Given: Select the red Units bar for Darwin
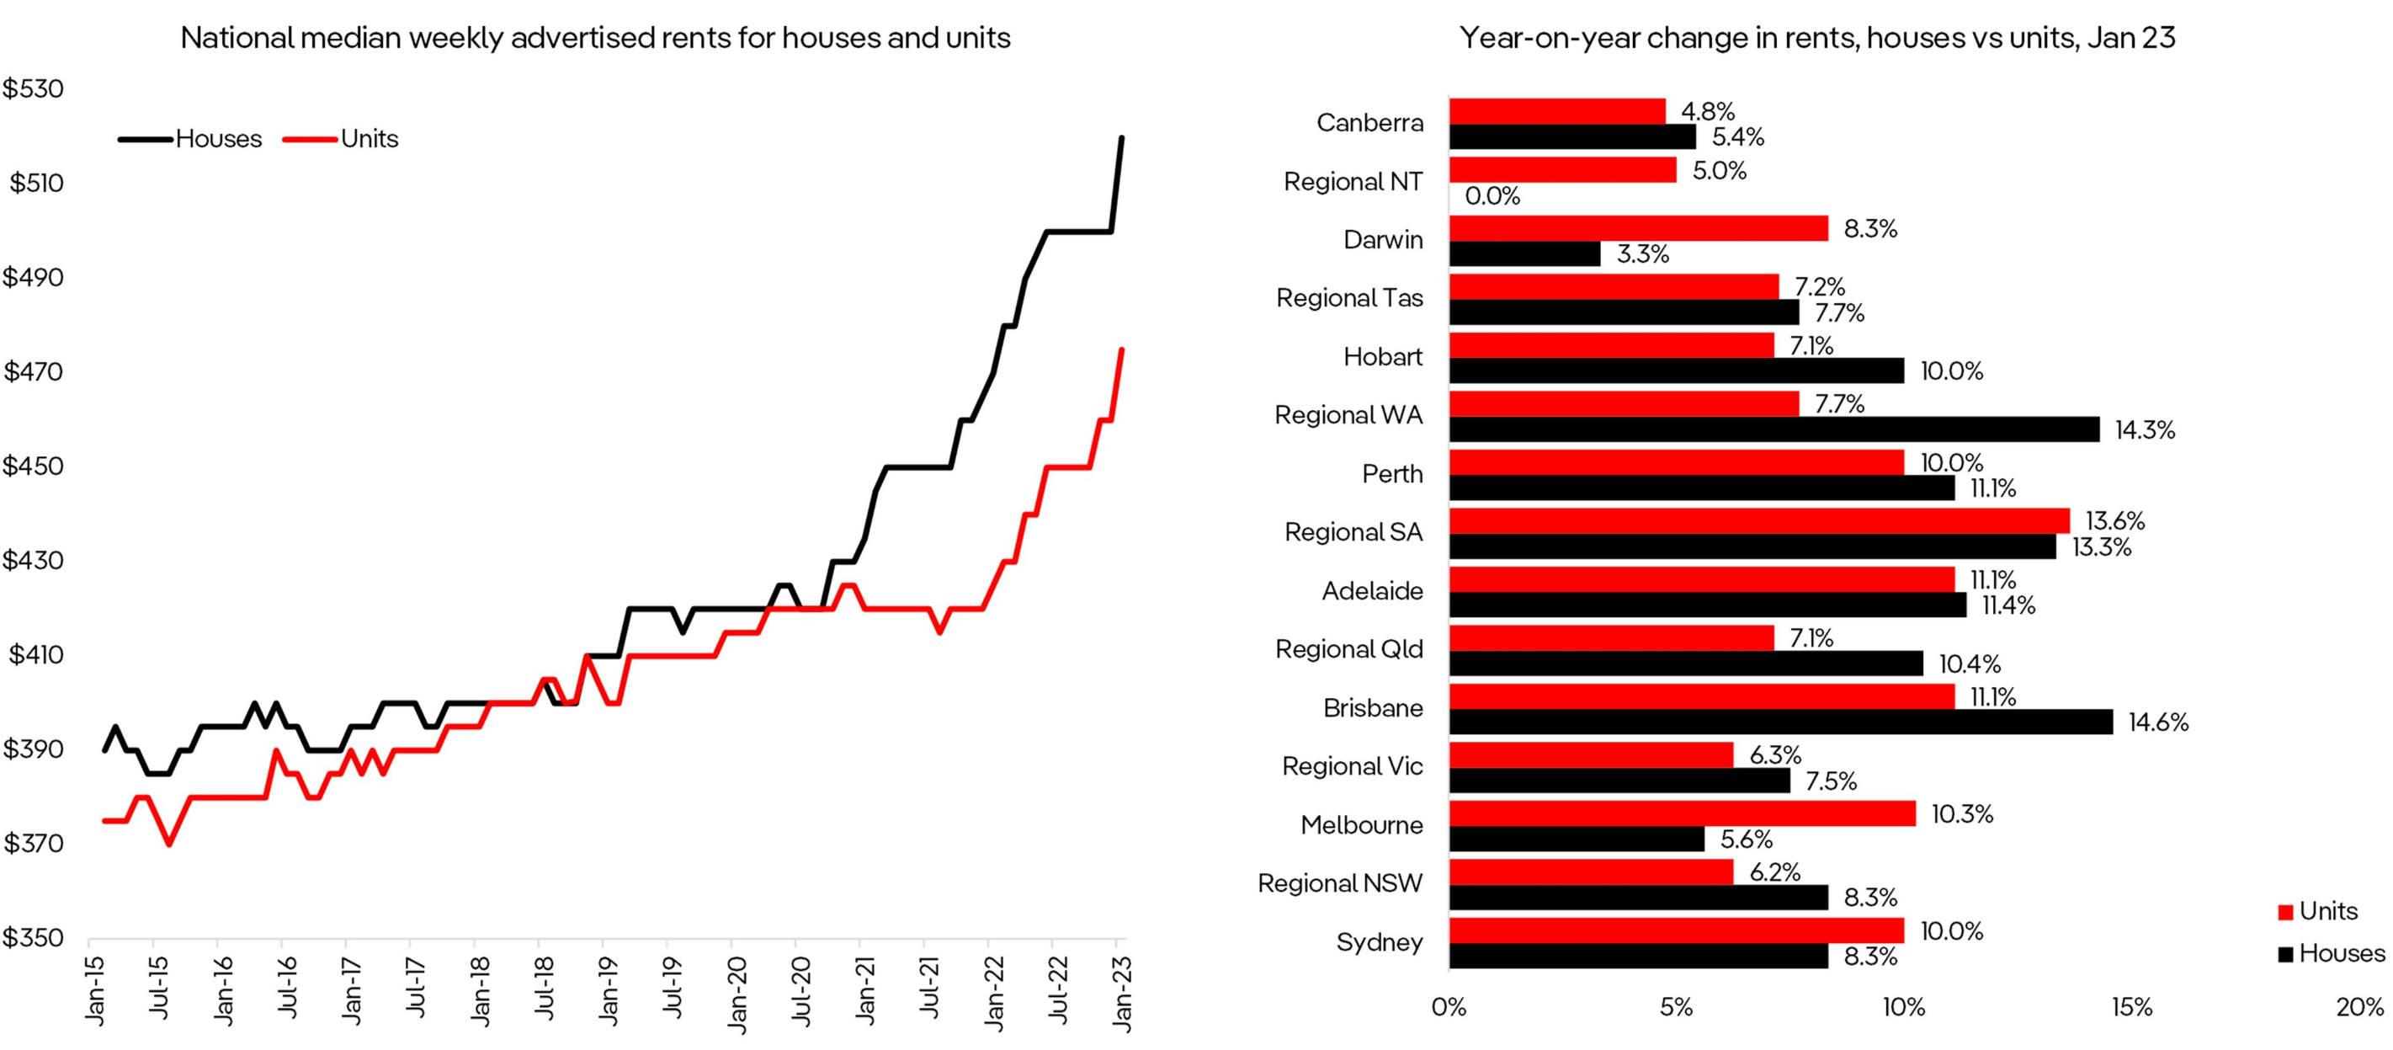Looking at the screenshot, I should pyautogui.click(x=1638, y=228).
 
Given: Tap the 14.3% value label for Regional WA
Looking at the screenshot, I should pyautogui.click(x=2144, y=430).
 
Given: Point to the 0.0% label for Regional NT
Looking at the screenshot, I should pyautogui.click(x=1492, y=196).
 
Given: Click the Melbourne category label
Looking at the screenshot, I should pyautogui.click(x=1361, y=825).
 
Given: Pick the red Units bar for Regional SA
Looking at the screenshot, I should pyautogui.click(x=1758, y=520).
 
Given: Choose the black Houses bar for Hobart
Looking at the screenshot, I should pyautogui.click(x=1675, y=370).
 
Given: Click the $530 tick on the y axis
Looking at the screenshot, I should pyautogui.click(x=34, y=89).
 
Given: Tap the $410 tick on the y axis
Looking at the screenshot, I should pyautogui.click(x=35, y=655).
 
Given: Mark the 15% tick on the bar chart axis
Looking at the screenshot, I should pyautogui.click(x=2131, y=1007).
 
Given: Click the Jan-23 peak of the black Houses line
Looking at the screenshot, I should pyautogui.click(x=1121, y=138).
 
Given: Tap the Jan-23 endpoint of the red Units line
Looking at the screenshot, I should pyautogui.click(x=1121, y=350).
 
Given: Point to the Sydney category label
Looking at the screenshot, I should pyautogui.click(x=1379, y=942).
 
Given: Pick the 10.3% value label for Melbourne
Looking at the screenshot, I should pyautogui.click(x=1961, y=814).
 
